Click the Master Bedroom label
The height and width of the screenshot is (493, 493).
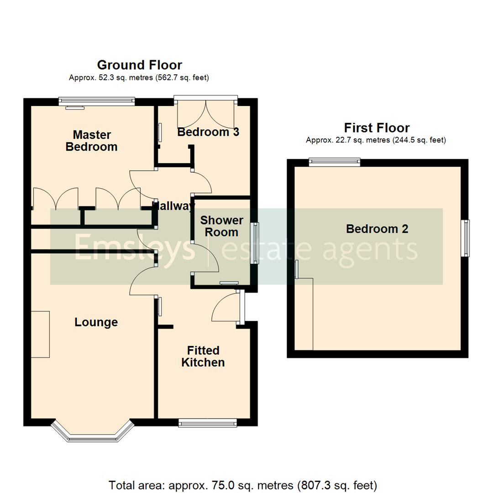(92, 141)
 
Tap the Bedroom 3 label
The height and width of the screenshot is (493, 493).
(208, 132)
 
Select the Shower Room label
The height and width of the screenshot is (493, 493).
(221, 226)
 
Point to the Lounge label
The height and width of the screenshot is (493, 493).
(96, 322)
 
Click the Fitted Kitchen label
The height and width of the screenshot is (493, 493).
(203, 357)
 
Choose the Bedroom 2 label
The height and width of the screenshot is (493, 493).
(377, 229)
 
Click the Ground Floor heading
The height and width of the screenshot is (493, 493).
(139, 65)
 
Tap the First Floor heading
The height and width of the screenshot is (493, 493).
(377, 127)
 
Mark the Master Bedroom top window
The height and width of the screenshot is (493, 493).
(97, 101)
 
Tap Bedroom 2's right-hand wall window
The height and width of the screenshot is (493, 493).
(466, 238)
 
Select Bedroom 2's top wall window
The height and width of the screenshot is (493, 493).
(334, 161)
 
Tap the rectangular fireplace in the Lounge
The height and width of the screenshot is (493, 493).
(40, 334)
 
